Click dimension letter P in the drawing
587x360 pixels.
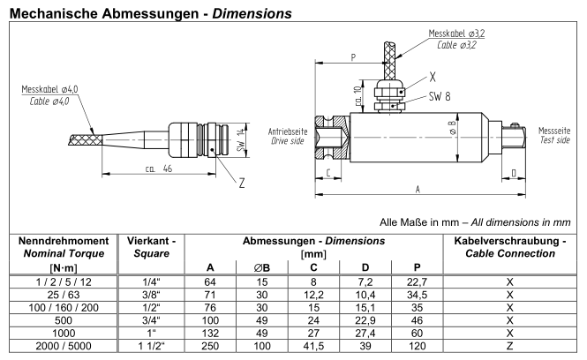tap(354, 56)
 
